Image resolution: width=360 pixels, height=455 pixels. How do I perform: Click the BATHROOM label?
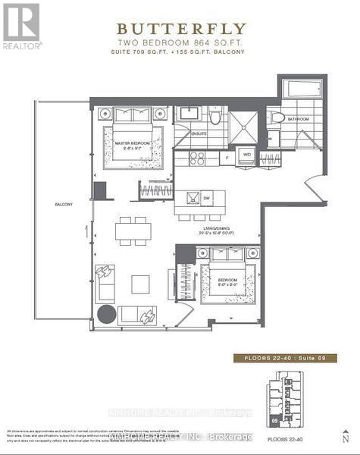tap(299, 119)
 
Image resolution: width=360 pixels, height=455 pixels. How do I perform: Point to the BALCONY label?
tap(64, 205)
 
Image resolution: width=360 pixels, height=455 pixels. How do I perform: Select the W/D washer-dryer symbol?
tap(246, 155)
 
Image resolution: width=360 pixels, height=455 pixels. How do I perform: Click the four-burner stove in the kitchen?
tap(197, 158)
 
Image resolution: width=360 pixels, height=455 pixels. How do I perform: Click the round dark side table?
tap(106, 313)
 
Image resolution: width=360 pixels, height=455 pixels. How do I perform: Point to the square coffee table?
tap(140, 284)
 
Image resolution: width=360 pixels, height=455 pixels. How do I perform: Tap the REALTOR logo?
tap(21, 25)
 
